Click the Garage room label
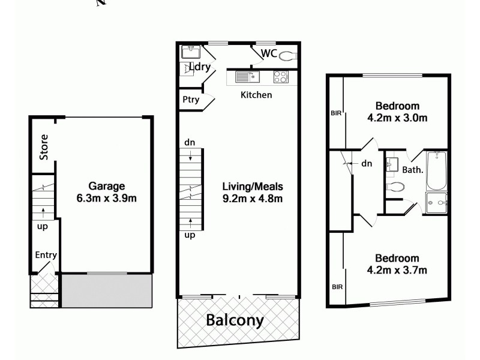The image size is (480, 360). point(107,185)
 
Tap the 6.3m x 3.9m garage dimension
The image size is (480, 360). point(107,198)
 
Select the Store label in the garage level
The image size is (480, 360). point(44,146)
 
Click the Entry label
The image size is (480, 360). point(46,255)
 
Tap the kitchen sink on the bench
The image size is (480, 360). point(245,76)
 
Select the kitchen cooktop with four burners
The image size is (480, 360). point(280,77)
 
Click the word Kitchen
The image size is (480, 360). point(256,95)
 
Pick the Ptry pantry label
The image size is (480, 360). point(191,100)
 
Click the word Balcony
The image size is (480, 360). point(235,320)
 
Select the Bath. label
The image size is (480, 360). point(413,170)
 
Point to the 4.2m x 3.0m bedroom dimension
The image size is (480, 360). point(397,118)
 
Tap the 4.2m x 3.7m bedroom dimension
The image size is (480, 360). point(397,270)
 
